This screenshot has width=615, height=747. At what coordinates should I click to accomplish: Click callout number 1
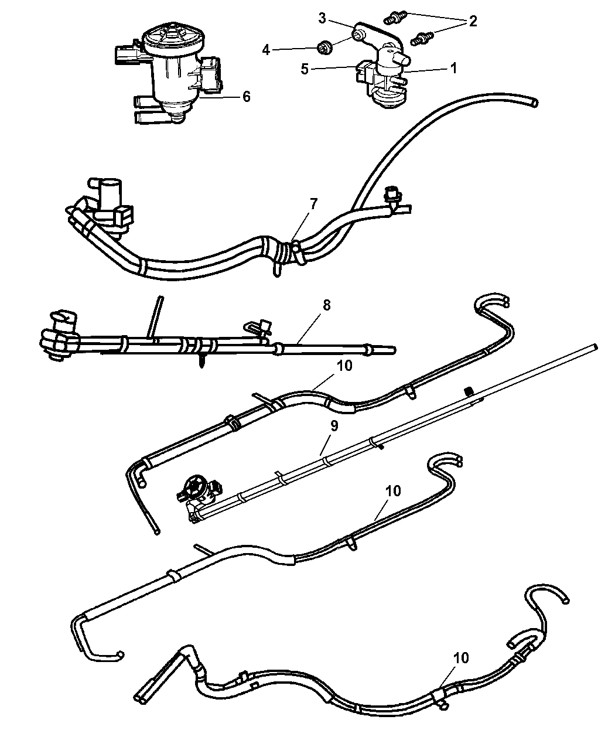454,68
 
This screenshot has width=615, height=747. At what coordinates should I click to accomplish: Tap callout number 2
473,22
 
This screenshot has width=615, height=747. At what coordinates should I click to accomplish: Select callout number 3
322,19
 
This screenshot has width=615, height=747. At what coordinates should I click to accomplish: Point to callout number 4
265,50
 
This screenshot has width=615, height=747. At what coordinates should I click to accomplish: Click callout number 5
305,69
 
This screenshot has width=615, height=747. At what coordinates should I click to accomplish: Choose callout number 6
247,97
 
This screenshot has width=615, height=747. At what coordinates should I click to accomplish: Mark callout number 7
313,204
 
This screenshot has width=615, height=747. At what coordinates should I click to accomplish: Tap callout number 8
326,305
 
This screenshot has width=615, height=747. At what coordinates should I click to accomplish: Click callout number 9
334,426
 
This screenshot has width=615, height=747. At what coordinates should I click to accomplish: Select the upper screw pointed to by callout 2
396,17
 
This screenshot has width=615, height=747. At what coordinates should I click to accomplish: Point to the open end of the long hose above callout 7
535,103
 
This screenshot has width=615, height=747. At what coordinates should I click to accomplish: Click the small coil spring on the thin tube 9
470,391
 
